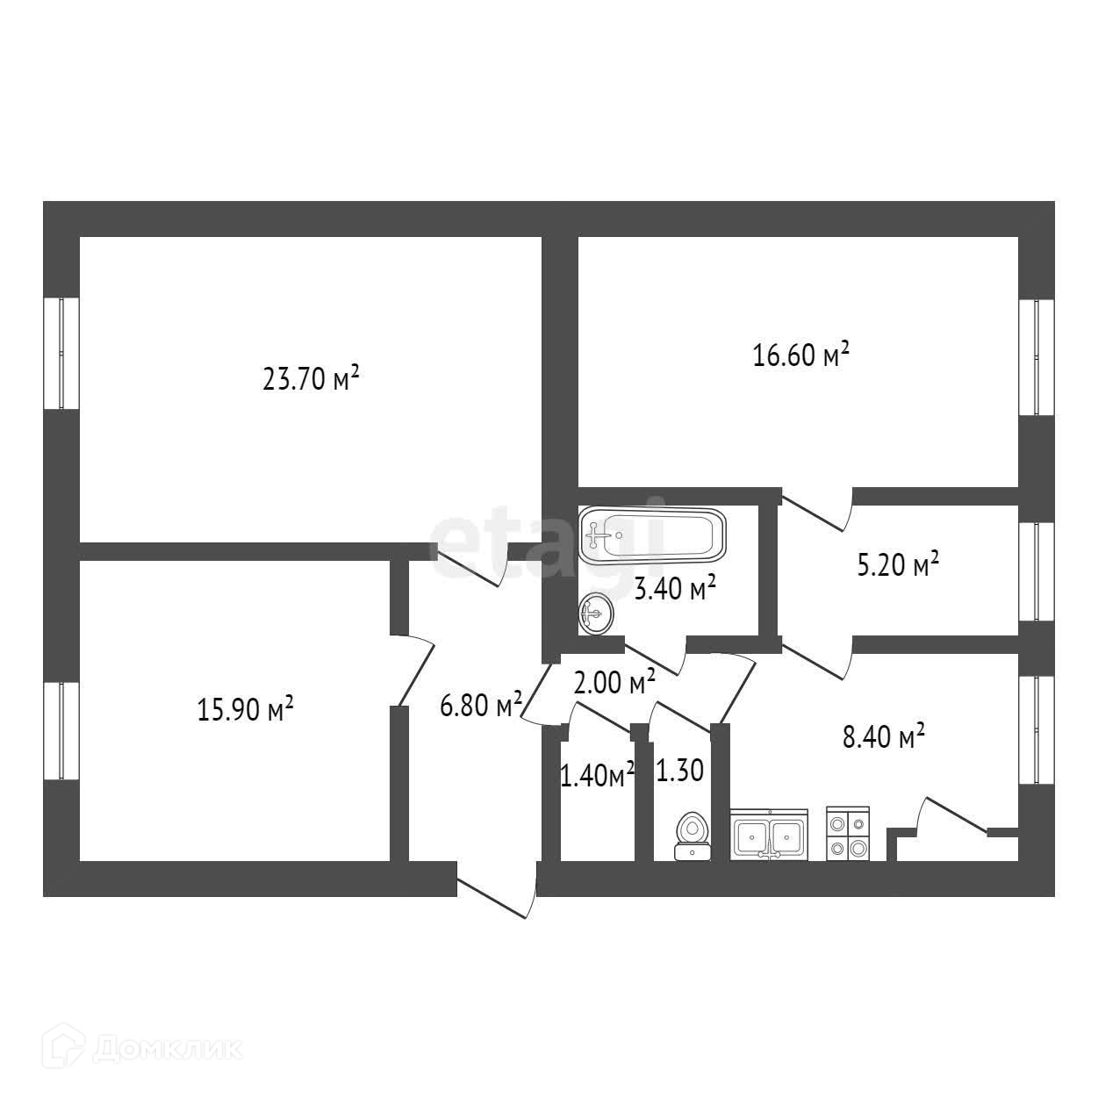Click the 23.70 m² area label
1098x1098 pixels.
tap(311, 379)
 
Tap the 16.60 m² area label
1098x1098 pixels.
tap(800, 355)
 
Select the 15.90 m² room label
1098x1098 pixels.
tap(246, 708)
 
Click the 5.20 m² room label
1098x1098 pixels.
tap(898, 564)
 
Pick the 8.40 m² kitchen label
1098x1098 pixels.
tap(884, 736)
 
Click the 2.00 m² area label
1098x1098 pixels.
tap(614, 682)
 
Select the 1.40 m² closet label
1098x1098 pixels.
tap(597, 774)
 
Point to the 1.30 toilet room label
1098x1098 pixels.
tap(679, 771)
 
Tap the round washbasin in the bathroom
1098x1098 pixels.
tap(596, 613)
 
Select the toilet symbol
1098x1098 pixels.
tap(692, 836)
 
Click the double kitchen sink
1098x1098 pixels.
tap(769, 835)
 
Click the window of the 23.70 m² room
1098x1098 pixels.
tap(61, 353)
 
